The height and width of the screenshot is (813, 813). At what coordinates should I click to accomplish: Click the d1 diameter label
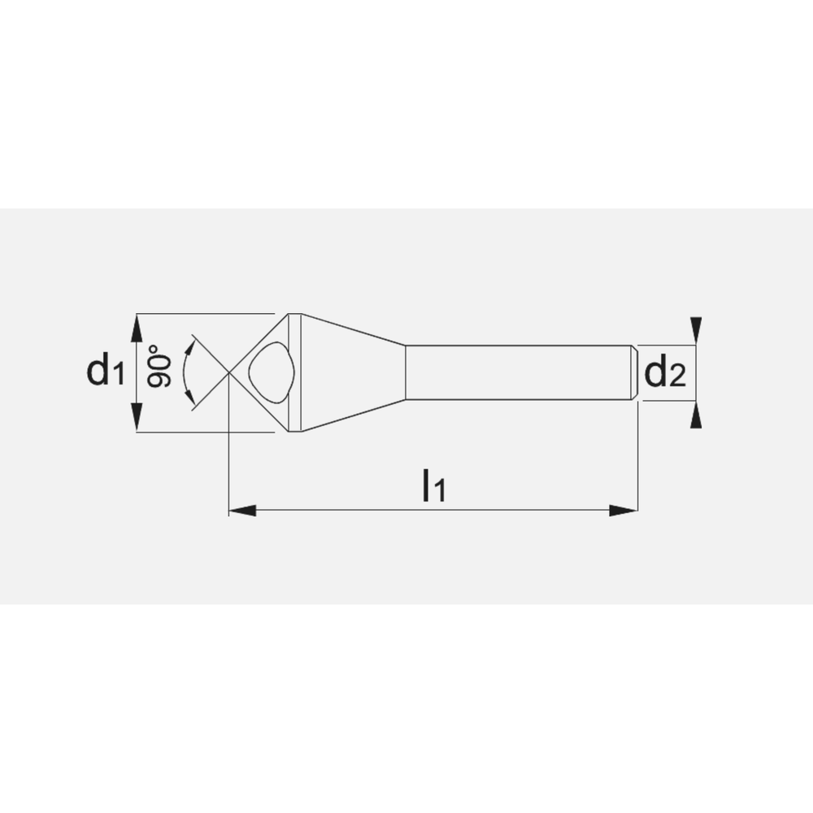[x=106, y=372]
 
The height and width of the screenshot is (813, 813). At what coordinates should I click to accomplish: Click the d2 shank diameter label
[x=665, y=373]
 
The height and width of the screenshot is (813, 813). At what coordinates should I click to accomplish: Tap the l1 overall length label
[x=433, y=485]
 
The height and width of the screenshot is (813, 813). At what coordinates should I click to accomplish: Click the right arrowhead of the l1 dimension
[x=624, y=511]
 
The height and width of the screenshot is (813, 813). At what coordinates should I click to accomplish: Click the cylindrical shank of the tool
[x=520, y=372]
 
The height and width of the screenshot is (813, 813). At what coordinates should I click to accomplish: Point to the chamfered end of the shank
[x=634, y=372]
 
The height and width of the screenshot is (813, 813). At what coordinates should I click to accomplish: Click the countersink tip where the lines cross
[x=229, y=372]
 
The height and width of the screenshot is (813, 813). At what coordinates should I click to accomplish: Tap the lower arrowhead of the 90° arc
[x=191, y=398]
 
